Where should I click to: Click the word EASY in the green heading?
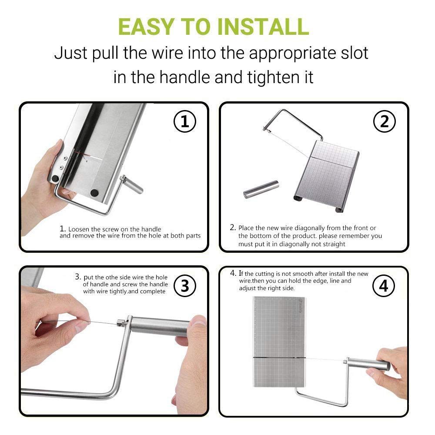(x=146, y=27)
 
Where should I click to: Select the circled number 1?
(x=184, y=121)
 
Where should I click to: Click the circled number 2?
(x=384, y=121)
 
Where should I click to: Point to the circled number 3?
(x=185, y=286)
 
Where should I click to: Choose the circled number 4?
(x=384, y=286)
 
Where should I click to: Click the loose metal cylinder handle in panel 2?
(x=261, y=189)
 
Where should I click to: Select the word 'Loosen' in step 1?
(x=78, y=229)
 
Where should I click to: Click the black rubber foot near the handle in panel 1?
(x=94, y=193)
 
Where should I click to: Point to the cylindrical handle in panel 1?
(x=132, y=184)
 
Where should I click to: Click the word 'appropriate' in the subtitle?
(x=292, y=53)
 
